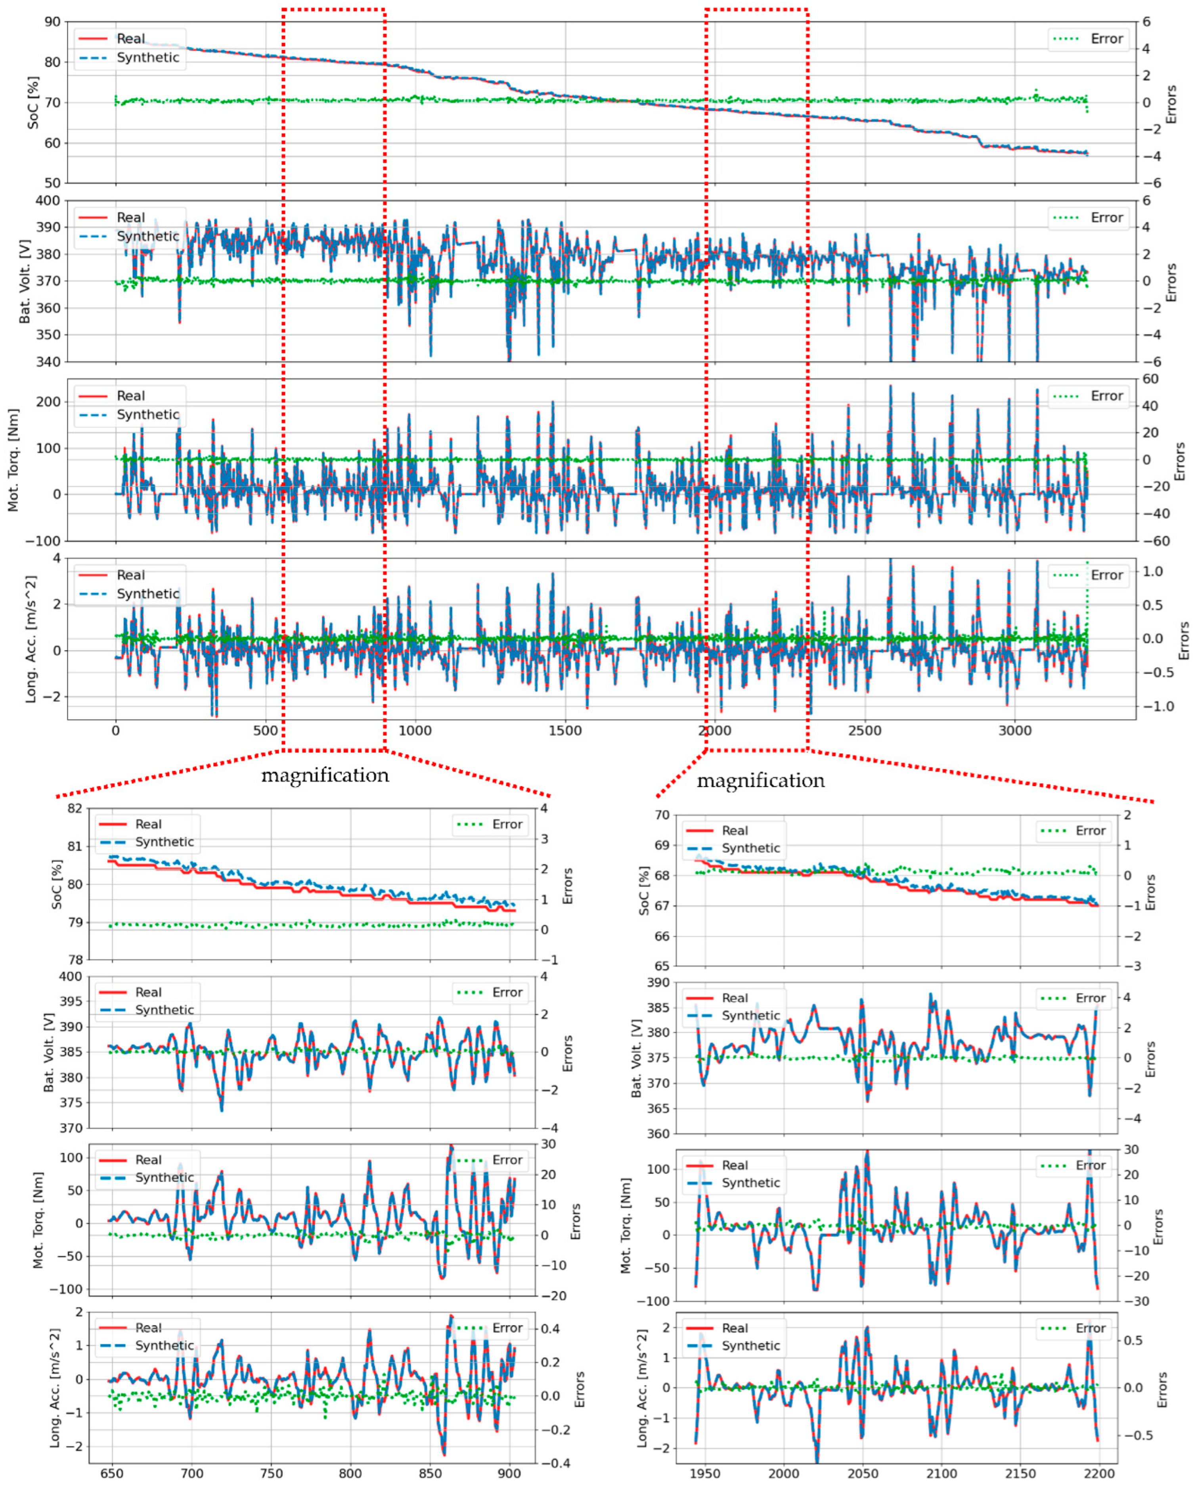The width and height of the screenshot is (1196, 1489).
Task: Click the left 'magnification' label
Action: click(325, 775)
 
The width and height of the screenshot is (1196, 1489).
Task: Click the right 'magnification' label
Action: click(760, 781)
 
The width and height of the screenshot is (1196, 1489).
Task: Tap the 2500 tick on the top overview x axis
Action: click(864, 731)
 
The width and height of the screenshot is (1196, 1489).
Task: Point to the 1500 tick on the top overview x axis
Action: click(565, 731)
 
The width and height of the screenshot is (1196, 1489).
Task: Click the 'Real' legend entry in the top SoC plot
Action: click(130, 39)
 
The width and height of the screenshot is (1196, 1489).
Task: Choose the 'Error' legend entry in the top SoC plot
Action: click(1106, 39)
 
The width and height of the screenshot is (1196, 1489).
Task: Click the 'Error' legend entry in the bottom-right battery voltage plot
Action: click(1090, 998)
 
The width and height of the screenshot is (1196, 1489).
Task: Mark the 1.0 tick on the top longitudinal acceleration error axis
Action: click(1152, 571)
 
